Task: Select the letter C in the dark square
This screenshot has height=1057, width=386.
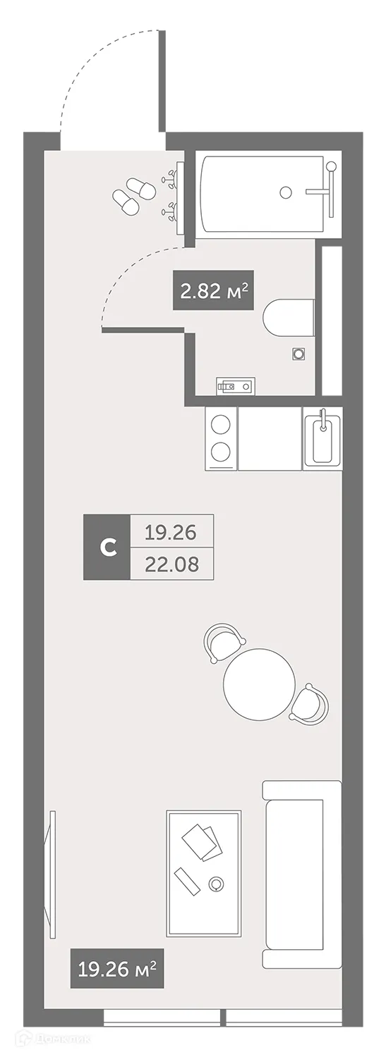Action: [107, 547]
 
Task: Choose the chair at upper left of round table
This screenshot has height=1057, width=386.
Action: [224, 641]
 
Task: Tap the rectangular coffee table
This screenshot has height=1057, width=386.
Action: [204, 873]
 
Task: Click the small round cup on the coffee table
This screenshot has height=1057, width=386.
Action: [217, 882]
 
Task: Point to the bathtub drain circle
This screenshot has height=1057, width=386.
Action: [286, 191]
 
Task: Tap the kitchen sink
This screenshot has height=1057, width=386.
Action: [322, 441]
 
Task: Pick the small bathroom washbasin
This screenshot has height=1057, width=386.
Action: [236, 385]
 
